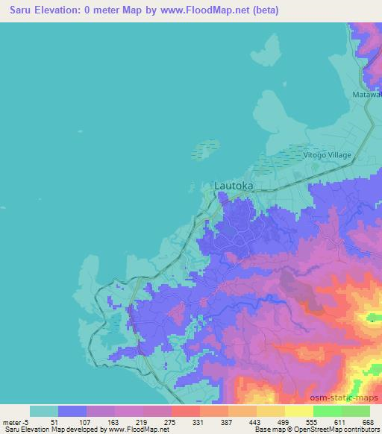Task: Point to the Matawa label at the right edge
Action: [x=366, y=95]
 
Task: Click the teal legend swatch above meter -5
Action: [x=44, y=411]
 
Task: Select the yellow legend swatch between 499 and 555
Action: [x=299, y=411]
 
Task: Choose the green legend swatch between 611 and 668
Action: [x=356, y=411]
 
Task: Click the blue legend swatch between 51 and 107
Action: [x=72, y=411]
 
